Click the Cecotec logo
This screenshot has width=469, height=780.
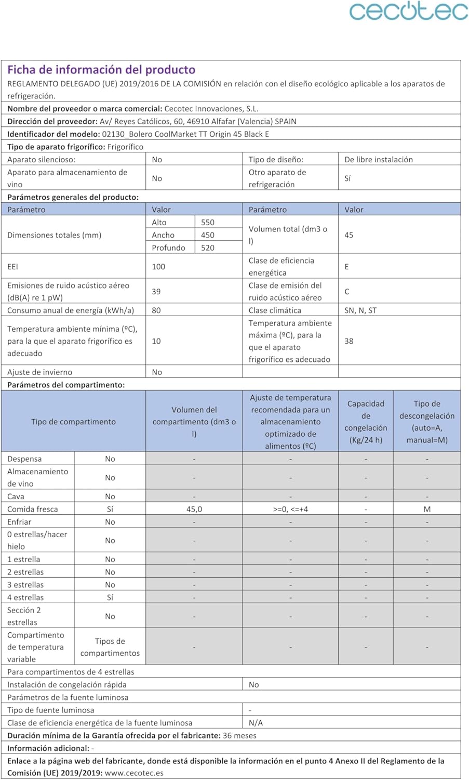click(408, 11)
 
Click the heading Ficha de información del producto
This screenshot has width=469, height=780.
click(101, 70)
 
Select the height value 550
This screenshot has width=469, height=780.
click(208, 222)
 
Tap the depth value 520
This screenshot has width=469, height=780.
click(208, 248)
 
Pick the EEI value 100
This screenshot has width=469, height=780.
click(158, 267)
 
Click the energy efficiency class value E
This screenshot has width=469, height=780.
click(347, 267)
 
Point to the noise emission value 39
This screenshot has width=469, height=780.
click(156, 292)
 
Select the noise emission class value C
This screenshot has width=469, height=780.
click(347, 292)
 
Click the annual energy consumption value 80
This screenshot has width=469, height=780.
click(156, 310)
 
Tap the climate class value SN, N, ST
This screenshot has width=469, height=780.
click(360, 310)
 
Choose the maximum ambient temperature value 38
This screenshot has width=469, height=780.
click(349, 341)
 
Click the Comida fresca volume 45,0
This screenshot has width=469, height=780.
click(194, 509)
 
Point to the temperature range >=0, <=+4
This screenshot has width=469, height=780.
click(290, 509)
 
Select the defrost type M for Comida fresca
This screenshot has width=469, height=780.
click(427, 509)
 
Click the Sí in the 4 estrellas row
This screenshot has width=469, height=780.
click(110, 597)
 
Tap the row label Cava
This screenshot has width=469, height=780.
click(16, 497)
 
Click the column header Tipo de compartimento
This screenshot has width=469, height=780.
click(73, 422)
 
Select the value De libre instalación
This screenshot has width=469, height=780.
click(379, 160)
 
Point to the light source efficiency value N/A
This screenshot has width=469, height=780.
click(256, 723)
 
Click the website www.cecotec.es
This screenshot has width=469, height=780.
click(134, 773)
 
